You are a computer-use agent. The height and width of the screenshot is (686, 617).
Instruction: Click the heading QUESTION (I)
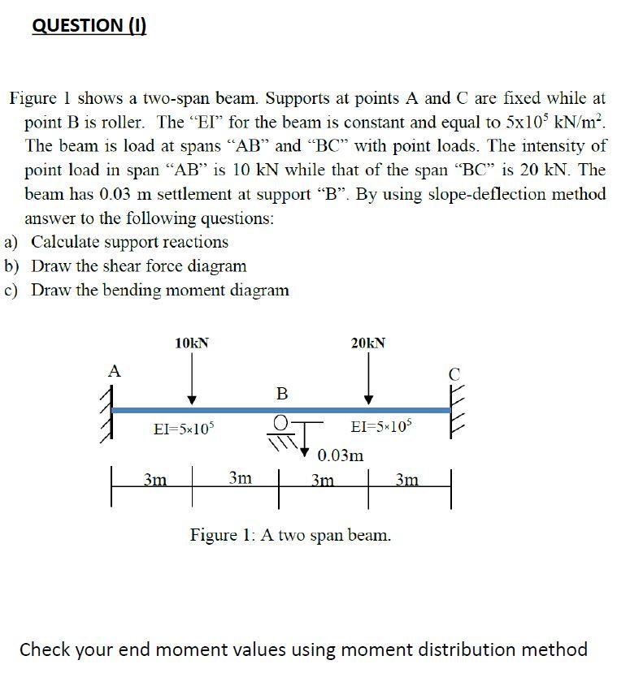(89, 25)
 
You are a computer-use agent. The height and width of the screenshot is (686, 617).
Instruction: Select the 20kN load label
(368, 343)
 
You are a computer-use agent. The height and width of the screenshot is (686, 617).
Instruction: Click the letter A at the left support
(115, 371)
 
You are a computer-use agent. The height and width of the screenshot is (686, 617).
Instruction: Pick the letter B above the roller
(282, 394)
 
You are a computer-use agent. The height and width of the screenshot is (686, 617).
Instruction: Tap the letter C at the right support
(454, 375)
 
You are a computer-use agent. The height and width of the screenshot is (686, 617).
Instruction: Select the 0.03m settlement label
(341, 455)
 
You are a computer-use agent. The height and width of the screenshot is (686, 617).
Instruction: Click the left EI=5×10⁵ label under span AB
(184, 428)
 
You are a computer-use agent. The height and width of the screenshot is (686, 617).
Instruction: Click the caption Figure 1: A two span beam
(290, 535)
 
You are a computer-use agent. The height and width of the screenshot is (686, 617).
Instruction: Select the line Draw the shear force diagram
(138, 266)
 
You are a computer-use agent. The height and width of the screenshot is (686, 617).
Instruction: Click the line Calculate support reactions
(129, 242)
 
